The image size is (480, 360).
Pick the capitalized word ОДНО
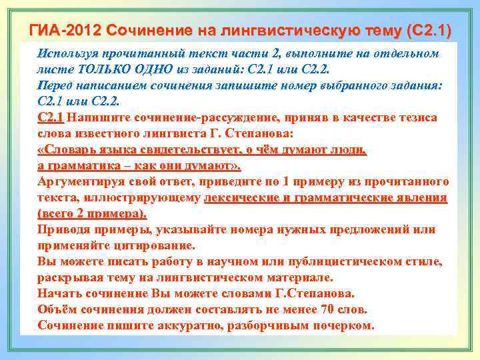tap(161, 69)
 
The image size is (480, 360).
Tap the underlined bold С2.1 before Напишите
tap(51, 118)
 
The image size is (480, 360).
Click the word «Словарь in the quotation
tap(67, 150)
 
